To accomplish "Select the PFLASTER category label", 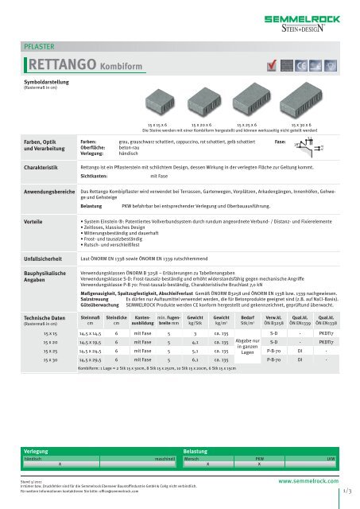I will tap(37, 45).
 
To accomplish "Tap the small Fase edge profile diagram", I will tap(303, 145).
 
